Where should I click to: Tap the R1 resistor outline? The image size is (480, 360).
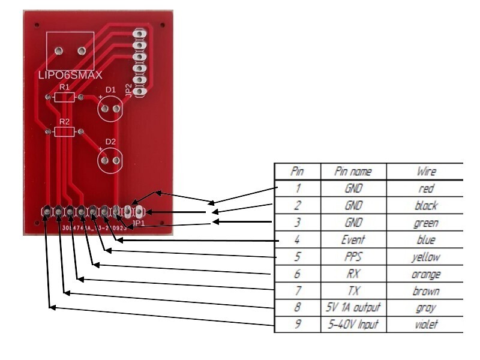(64, 97)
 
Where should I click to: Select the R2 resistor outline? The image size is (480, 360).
(64, 131)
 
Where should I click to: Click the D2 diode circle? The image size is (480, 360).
(110, 160)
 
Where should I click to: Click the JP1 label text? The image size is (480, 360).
(139, 223)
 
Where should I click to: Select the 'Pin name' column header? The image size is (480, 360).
(353, 172)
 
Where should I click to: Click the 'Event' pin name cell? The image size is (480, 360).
(353, 240)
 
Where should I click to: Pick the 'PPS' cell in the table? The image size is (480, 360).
(353, 257)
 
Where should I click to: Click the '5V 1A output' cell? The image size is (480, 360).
(353, 308)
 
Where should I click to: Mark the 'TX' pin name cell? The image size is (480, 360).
(353, 291)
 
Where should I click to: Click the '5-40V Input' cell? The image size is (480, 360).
(353, 325)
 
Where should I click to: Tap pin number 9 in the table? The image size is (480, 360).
(297, 325)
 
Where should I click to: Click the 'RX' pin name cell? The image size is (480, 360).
(353, 274)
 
